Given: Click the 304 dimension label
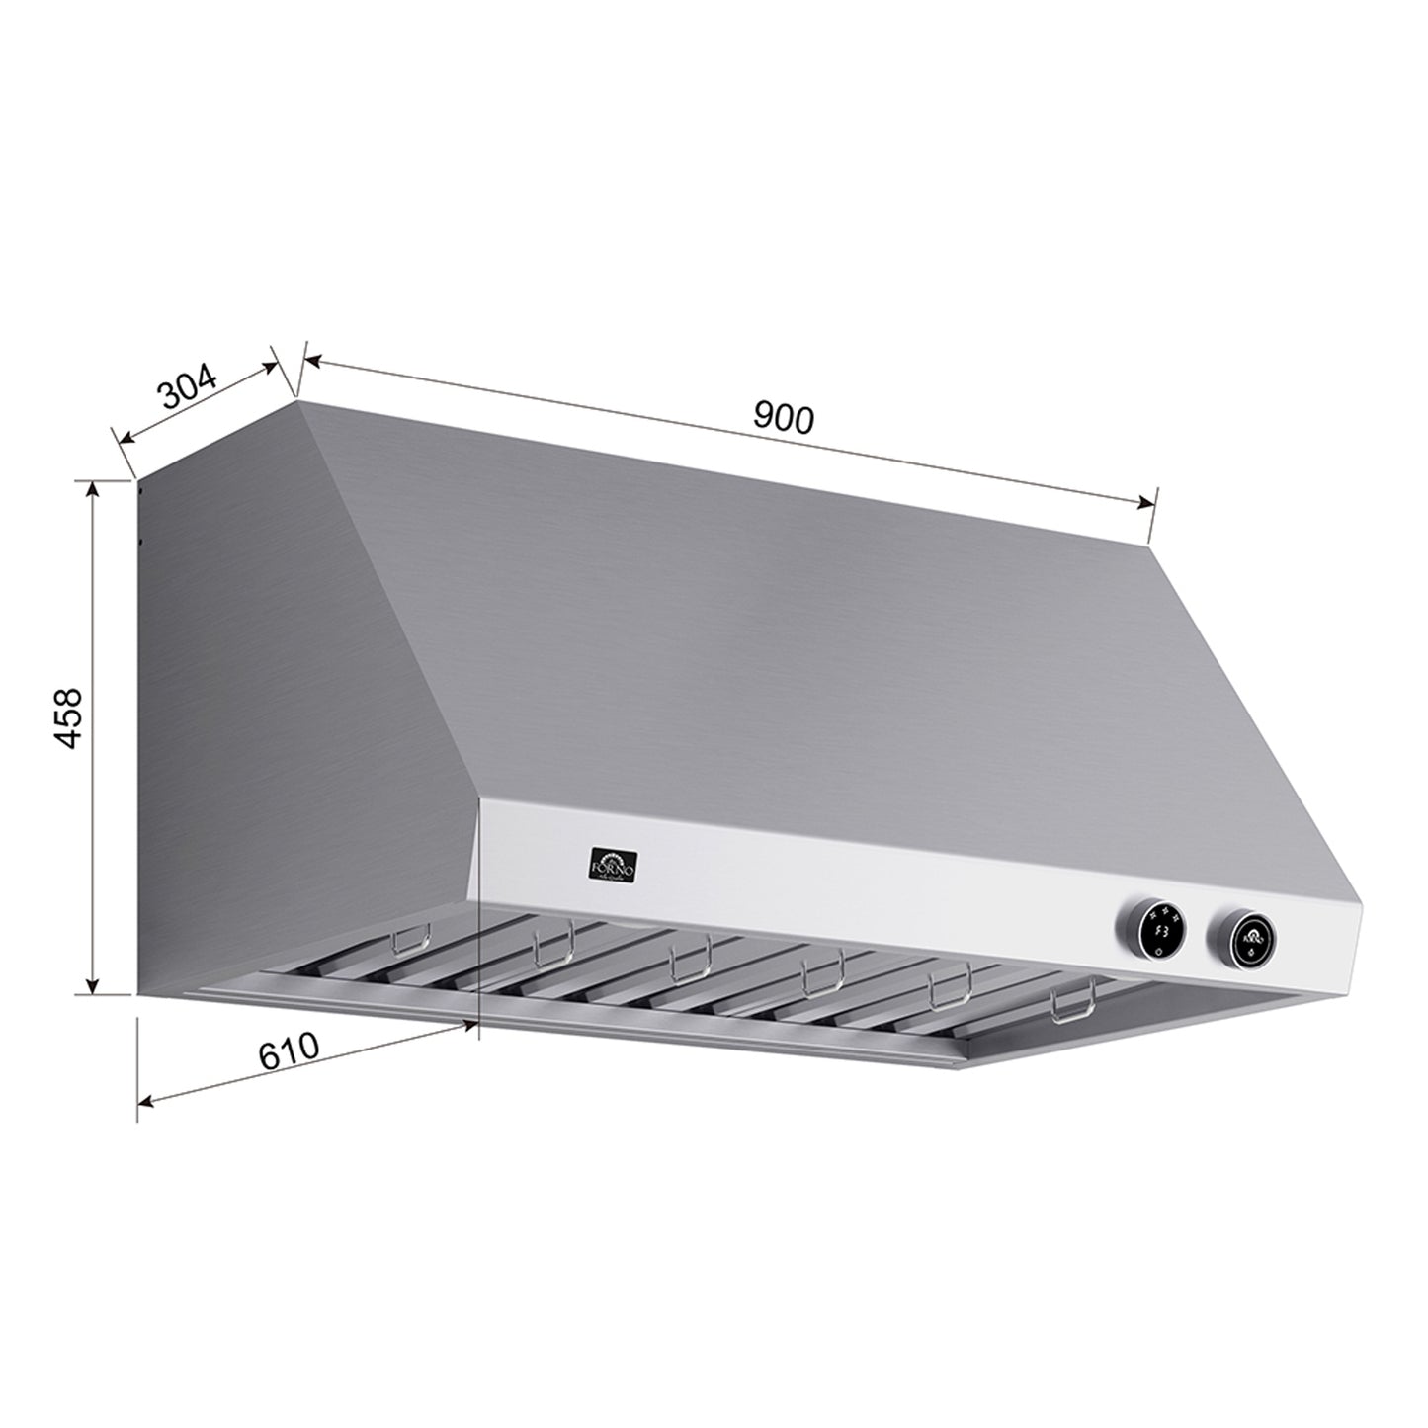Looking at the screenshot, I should pos(188,386).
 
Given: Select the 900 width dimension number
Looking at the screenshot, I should pos(784,417).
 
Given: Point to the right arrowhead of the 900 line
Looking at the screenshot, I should pos(1146,503).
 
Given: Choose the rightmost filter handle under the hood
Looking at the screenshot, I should pos(1073,1005).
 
